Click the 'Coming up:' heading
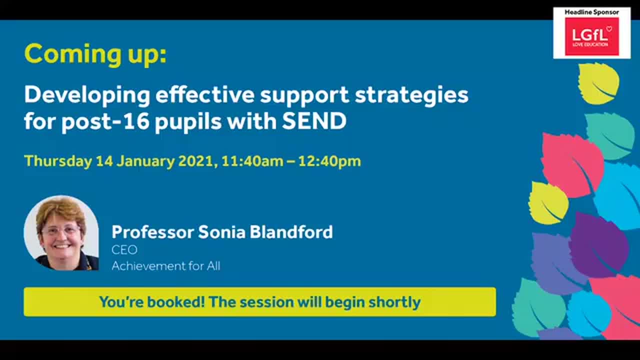(x=95, y=54)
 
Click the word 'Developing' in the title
(x=86, y=94)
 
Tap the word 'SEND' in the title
(x=314, y=121)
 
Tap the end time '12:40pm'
(x=329, y=161)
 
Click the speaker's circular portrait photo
(x=61, y=233)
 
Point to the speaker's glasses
(x=61, y=230)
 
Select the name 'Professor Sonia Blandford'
(x=222, y=232)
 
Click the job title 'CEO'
(x=124, y=249)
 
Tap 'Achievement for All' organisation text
(x=165, y=266)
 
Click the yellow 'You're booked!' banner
(x=259, y=302)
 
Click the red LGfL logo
(x=591, y=36)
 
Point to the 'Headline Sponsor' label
(x=591, y=12)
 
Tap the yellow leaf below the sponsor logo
(x=598, y=83)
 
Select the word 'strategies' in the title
(x=411, y=94)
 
